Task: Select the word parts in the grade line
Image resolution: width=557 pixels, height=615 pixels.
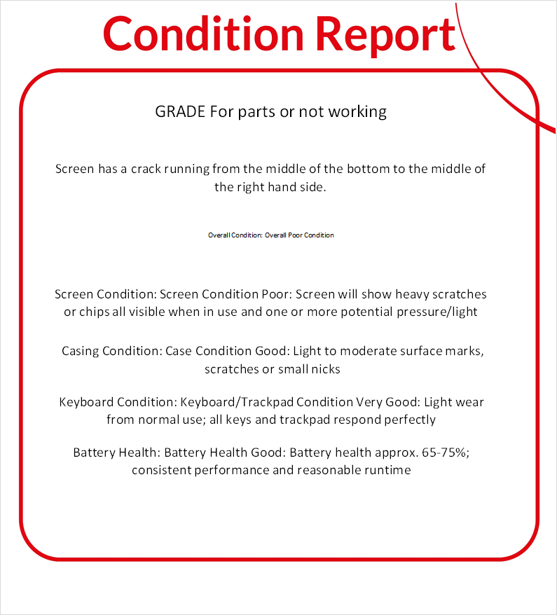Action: point(256,111)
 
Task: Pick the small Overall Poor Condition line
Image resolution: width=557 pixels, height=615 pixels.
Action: point(270,235)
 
